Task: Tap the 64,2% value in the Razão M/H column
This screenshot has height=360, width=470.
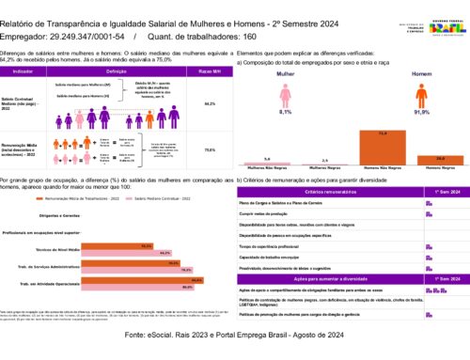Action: (x=210, y=104)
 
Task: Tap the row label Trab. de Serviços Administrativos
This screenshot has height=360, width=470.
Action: (x=52, y=264)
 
